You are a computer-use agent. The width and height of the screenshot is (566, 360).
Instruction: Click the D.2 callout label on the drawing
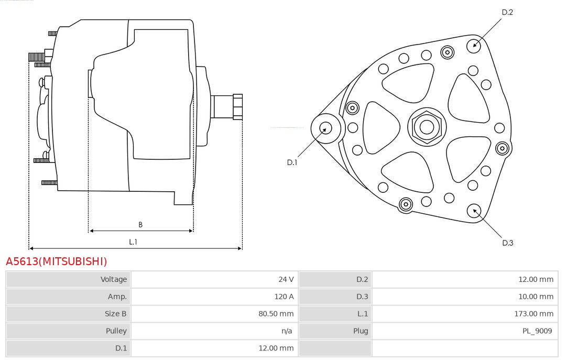tap(507, 12)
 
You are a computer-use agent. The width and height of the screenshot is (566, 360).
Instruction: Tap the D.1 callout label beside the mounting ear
tap(292, 162)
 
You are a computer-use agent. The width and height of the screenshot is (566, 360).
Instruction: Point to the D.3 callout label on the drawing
tap(507, 243)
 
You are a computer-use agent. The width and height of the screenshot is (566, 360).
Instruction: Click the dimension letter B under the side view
tap(140, 225)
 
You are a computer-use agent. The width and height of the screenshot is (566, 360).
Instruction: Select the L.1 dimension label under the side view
tap(133, 242)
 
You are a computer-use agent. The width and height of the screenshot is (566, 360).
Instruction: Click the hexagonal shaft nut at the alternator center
tap(427, 127)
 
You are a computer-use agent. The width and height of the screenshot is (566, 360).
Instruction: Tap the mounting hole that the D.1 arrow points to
tap(326, 128)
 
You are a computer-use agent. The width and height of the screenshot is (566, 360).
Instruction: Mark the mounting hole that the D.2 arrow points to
tap(474, 46)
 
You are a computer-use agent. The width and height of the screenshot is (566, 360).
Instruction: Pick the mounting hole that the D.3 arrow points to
tap(474, 211)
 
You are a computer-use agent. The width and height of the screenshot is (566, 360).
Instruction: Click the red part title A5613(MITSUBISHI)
tap(56, 261)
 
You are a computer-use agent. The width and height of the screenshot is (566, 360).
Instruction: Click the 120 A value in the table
tap(284, 297)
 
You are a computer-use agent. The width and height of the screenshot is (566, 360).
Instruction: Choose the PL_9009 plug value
tap(537, 331)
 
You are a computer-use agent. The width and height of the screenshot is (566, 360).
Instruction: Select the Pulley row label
tap(116, 331)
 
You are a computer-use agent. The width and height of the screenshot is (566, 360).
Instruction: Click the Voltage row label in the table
tap(113, 279)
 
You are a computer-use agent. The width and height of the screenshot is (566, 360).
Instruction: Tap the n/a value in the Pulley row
tap(287, 331)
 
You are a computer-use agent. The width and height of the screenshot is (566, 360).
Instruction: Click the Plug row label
tap(361, 331)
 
